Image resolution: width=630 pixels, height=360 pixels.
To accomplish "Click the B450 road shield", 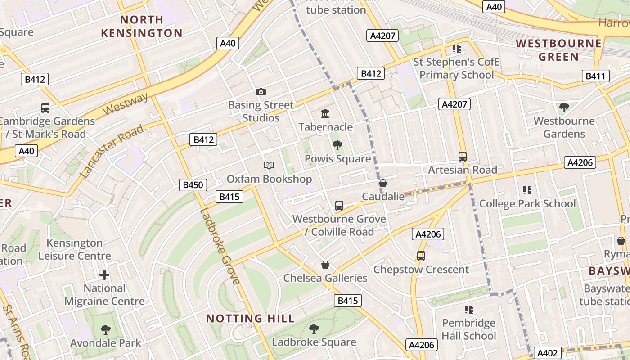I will pyautogui.click(x=193, y=184).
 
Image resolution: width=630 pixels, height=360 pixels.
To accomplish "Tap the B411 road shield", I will pyautogui.click(x=595, y=76).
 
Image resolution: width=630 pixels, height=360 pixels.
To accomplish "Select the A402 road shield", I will pyautogui.click(x=548, y=353).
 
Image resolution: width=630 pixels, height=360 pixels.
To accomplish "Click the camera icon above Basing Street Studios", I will pyautogui.click(x=261, y=92).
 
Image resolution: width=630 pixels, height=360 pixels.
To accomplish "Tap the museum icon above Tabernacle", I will pyautogui.click(x=325, y=114).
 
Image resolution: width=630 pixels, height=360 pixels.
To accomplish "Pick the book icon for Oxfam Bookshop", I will pyautogui.click(x=269, y=166).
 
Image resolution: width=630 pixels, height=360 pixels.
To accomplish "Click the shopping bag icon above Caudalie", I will pyautogui.click(x=383, y=183).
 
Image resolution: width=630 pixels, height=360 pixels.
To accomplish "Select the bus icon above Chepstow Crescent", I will pyautogui.click(x=421, y=256).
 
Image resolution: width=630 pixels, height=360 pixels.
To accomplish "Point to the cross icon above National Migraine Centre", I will pyautogui.click(x=104, y=274).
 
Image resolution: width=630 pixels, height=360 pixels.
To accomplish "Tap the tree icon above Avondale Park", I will pyautogui.click(x=105, y=330).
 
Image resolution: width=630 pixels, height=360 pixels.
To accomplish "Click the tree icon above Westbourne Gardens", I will pyautogui.click(x=564, y=108).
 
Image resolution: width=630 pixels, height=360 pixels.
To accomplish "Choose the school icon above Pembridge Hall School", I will pyautogui.click(x=469, y=310).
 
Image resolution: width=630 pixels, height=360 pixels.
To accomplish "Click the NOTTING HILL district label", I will pyautogui.click(x=250, y=319).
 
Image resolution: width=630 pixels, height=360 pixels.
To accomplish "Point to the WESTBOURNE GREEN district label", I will pyautogui.click(x=558, y=50).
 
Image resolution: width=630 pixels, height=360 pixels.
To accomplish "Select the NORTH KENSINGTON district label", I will pyautogui.click(x=142, y=26).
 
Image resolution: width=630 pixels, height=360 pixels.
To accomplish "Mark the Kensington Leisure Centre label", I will pyautogui.click(x=75, y=249).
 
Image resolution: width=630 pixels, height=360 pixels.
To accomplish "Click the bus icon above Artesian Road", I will pyautogui.click(x=463, y=157).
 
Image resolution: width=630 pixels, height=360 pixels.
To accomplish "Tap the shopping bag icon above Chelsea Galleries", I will pyautogui.click(x=325, y=265).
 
